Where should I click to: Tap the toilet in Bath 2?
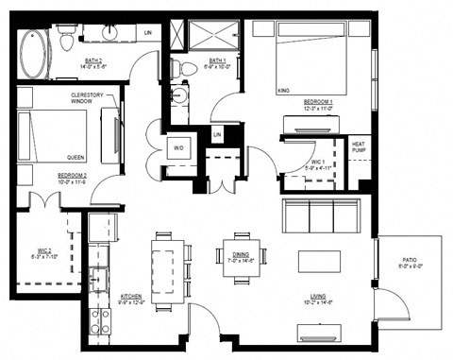click(x=68, y=39)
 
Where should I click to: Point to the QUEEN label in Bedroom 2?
click(x=76, y=157)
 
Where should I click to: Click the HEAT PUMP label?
click(x=359, y=147)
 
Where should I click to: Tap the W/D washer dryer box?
click(x=178, y=147)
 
